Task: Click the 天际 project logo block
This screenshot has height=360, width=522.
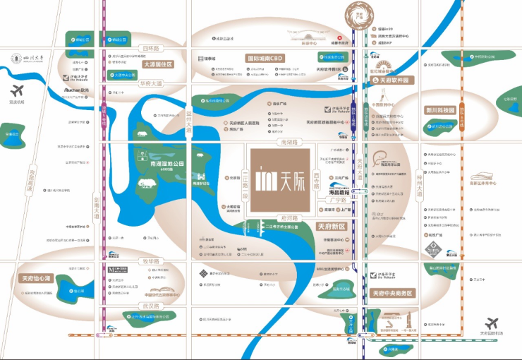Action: [278, 176]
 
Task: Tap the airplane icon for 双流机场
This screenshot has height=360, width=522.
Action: [18, 91]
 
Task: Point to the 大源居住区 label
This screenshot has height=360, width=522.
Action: [157, 64]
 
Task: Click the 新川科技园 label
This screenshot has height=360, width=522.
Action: [441, 110]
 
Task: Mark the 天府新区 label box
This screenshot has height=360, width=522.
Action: [331, 227]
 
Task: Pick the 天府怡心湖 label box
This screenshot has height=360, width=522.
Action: [37, 277]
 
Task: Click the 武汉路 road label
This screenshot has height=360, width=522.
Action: [150, 306]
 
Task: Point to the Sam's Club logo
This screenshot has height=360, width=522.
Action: [432, 248]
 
